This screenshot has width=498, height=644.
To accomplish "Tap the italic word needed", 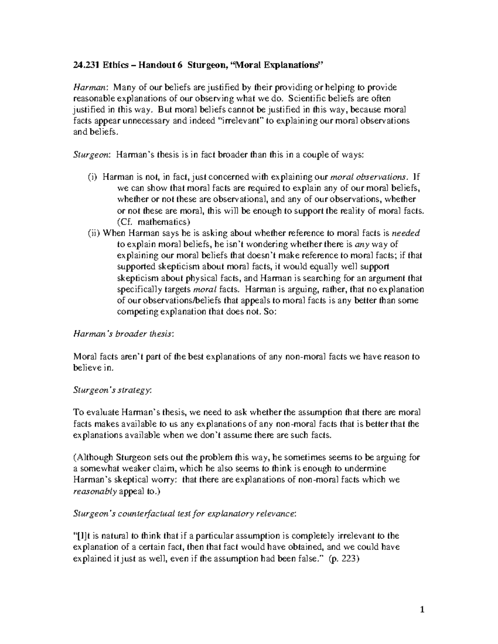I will [x=406, y=233].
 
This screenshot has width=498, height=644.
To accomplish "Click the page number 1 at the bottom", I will [x=422, y=610].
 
